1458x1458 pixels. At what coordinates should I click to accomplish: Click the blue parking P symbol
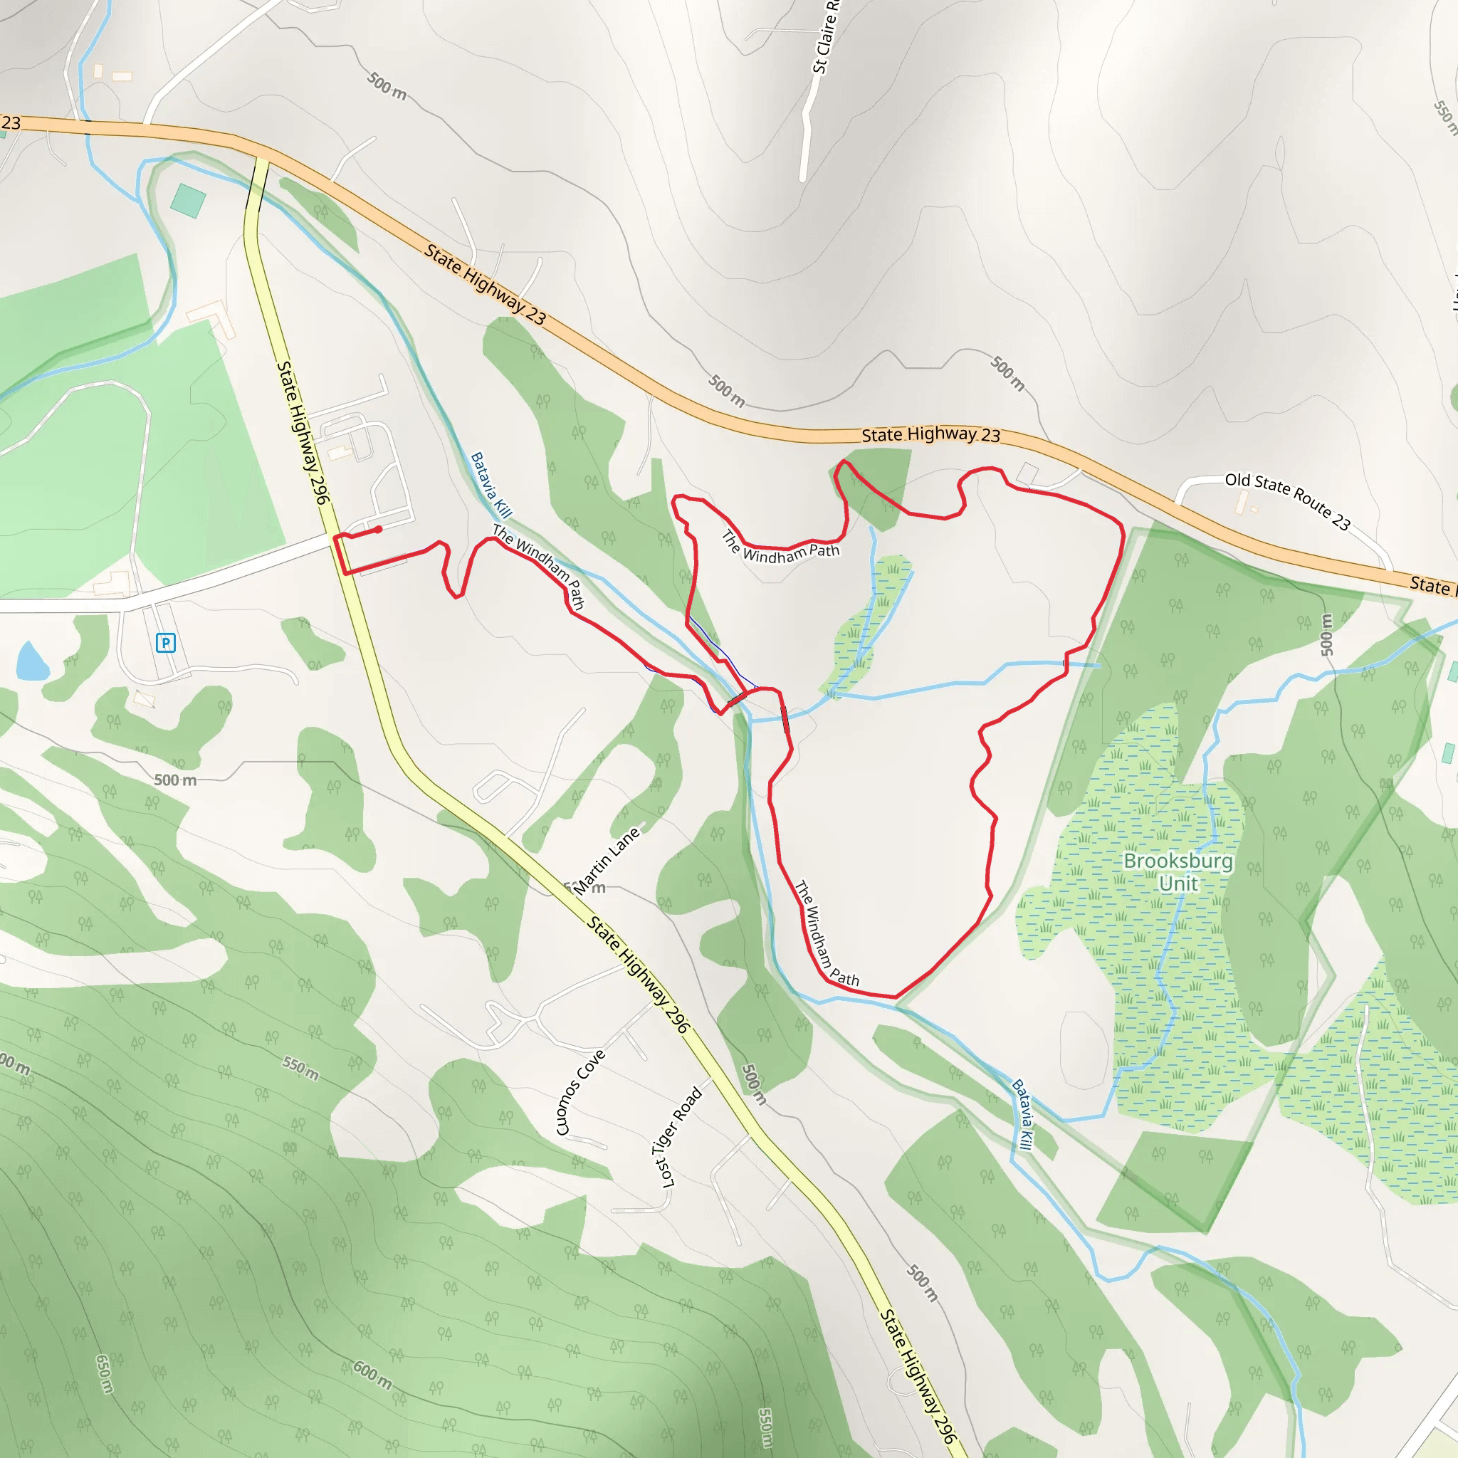coord(165,643)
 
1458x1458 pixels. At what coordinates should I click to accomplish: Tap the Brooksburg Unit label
coord(1178,871)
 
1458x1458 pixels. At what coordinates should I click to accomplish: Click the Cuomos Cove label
coord(580,1092)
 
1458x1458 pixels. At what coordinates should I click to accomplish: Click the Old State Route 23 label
coord(1286,500)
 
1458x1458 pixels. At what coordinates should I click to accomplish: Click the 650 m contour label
coord(105,1373)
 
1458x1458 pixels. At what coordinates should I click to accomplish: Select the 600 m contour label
coord(373,1375)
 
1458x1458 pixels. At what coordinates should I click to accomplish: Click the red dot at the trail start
coord(378,530)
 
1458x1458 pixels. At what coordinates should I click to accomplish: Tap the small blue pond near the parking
coord(32,662)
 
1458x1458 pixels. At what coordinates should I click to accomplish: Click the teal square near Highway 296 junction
coord(188,201)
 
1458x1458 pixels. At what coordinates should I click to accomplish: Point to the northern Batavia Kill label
coord(491,486)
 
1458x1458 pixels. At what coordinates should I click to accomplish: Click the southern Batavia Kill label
coord(1022,1114)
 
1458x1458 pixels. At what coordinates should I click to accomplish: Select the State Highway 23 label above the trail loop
coord(930,435)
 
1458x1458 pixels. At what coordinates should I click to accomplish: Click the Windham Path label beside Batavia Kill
coord(538,565)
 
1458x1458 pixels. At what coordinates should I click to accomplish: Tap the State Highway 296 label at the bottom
coord(918,1375)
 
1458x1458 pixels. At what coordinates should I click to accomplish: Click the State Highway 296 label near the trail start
coord(303,432)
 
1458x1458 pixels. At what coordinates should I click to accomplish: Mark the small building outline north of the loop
coord(1027,474)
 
